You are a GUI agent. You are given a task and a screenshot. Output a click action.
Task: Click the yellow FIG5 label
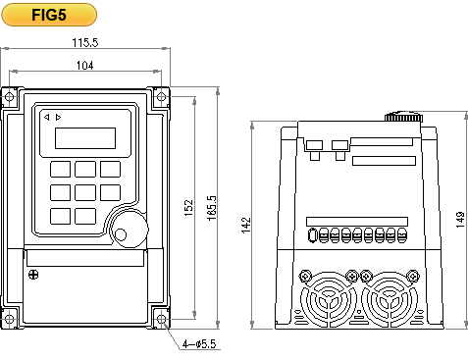[x=49, y=15]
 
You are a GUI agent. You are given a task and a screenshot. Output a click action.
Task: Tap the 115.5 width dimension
[x=85, y=42]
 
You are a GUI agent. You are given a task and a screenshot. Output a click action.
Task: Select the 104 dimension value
[x=85, y=66]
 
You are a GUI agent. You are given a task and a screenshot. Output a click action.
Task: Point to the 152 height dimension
[x=188, y=208]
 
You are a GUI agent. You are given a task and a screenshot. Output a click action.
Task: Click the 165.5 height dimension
[x=212, y=208]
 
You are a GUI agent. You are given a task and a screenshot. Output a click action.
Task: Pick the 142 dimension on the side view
[x=246, y=226]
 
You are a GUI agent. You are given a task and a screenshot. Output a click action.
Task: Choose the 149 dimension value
[x=460, y=220]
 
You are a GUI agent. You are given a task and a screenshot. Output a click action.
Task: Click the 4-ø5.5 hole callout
[x=199, y=344]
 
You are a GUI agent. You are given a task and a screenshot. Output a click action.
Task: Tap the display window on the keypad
[x=85, y=138]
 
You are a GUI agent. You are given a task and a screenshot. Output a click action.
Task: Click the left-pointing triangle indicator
[x=47, y=117]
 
